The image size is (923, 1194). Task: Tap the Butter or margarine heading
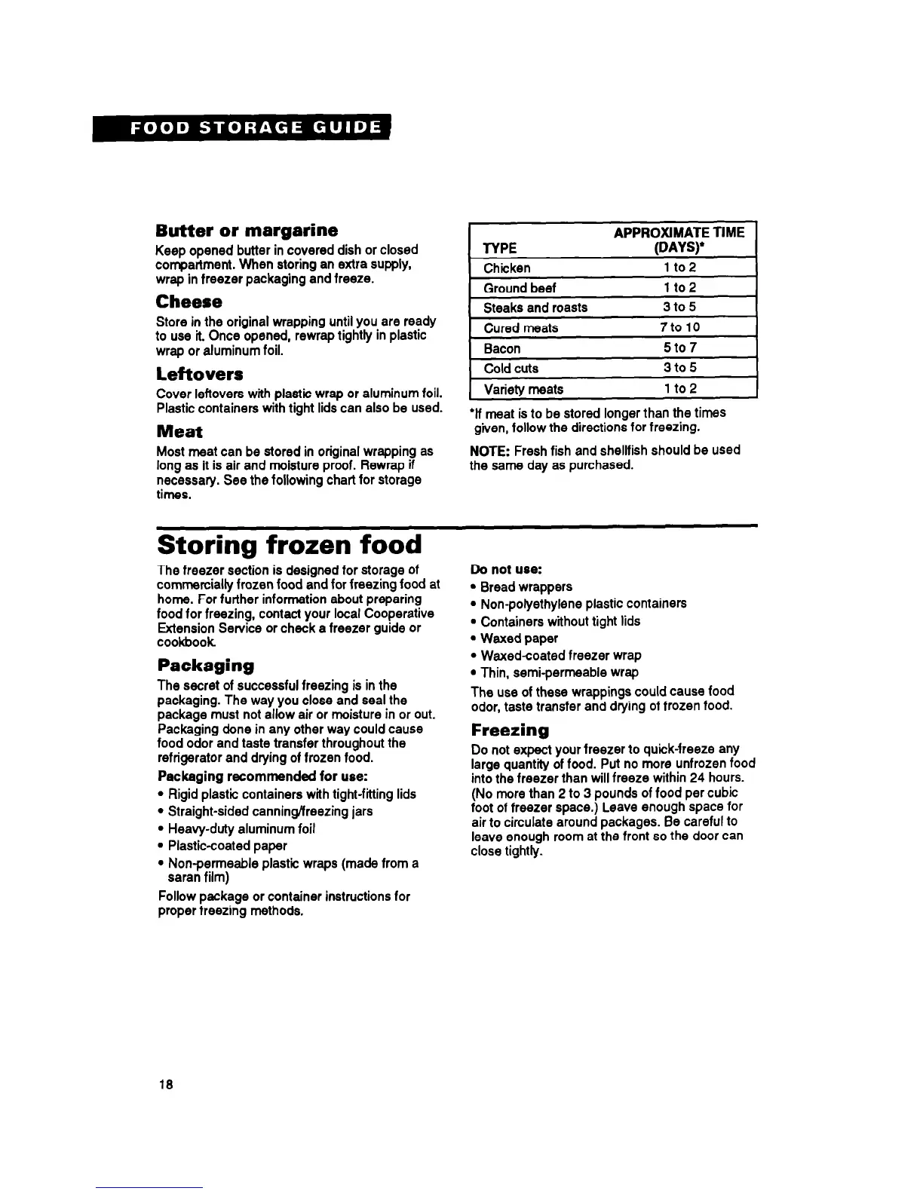click(x=247, y=230)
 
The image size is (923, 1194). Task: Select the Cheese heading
click(x=189, y=302)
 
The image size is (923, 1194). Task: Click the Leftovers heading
click(x=199, y=374)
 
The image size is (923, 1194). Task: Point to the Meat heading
click(x=179, y=432)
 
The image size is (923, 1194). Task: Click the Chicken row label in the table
click(x=507, y=268)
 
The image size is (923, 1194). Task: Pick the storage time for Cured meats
click(x=679, y=327)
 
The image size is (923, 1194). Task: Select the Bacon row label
click(x=501, y=348)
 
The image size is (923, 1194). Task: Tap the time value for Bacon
click(x=679, y=348)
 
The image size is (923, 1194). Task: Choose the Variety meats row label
click(x=523, y=389)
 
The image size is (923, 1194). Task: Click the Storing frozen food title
click(x=289, y=544)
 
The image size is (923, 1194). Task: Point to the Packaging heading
click(x=205, y=666)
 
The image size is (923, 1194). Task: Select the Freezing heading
click(x=510, y=730)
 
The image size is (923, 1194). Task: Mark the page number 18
click(x=166, y=1085)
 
